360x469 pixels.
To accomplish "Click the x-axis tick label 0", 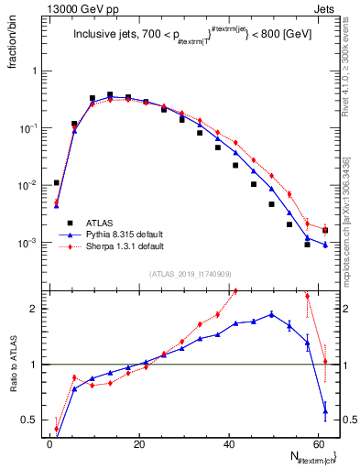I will click(x=49, y=443).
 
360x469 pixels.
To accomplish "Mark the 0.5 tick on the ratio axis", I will click(x=32, y=420).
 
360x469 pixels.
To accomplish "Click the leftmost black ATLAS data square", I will click(x=56, y=182).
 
